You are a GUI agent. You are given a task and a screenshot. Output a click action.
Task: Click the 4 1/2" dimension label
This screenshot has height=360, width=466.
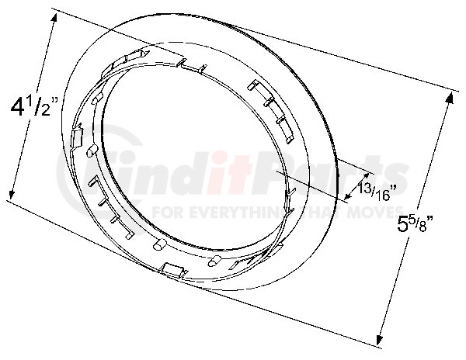click(33, 106)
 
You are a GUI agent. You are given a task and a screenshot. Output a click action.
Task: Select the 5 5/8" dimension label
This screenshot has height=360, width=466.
click(416, 223)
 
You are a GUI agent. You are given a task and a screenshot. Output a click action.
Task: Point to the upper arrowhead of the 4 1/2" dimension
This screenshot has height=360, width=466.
click(54, 19)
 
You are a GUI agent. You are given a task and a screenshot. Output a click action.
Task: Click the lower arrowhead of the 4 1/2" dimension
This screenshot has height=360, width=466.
click(12, 195)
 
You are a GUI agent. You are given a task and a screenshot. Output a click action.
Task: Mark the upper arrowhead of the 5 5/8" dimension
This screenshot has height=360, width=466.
click(450, 97)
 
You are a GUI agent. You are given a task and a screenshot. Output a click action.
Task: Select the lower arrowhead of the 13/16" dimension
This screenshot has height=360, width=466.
click(346, 196)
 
